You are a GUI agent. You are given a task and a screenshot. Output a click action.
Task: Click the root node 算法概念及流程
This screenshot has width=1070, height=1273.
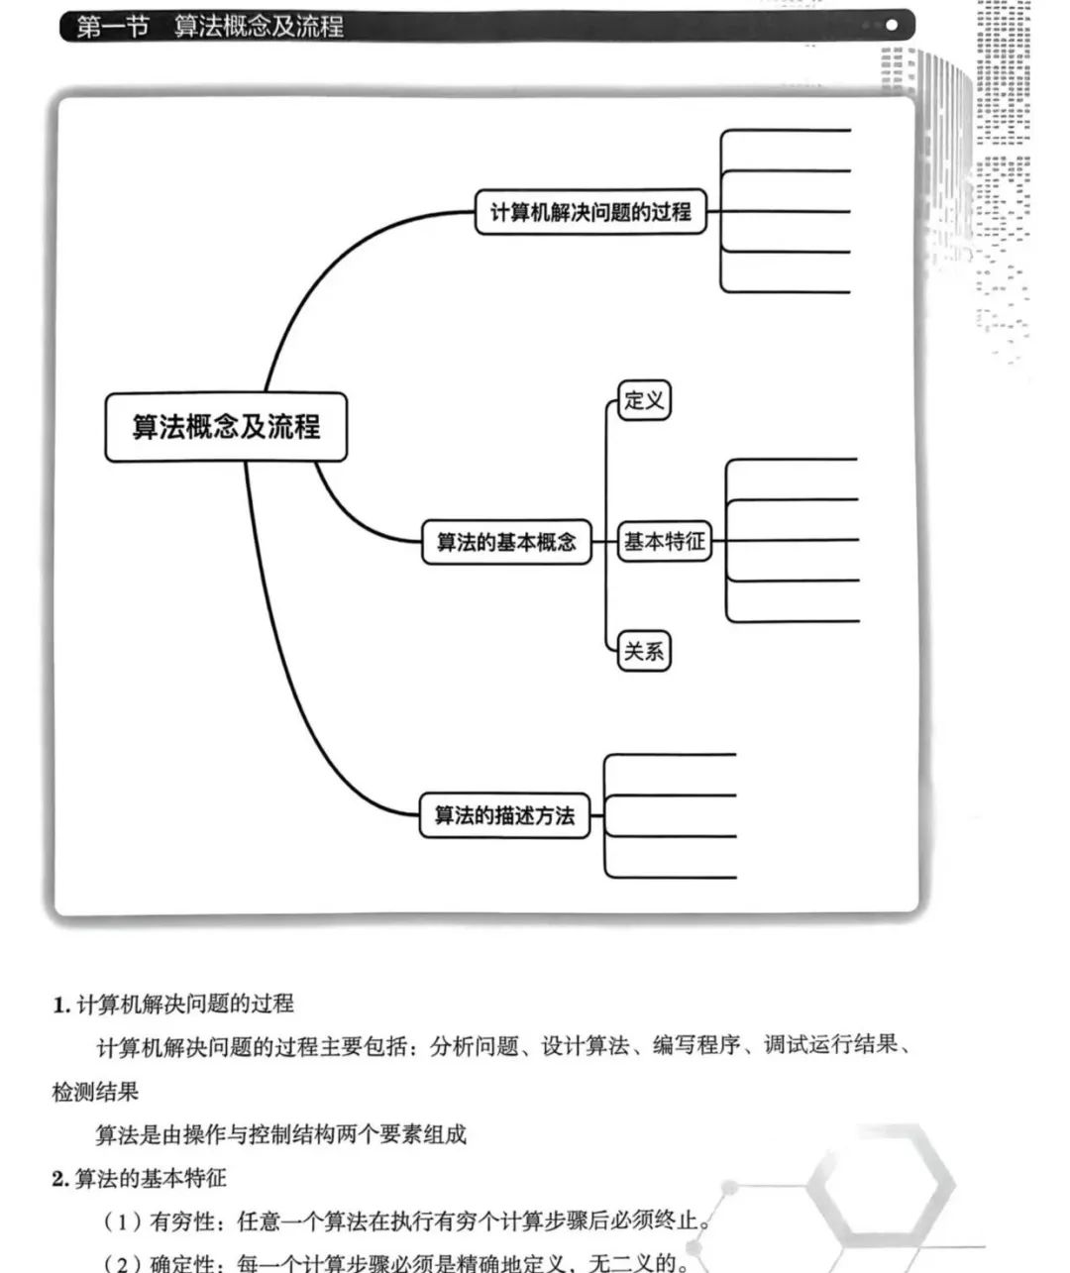226,427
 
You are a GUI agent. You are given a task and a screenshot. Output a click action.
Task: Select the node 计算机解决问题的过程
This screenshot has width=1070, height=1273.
590,212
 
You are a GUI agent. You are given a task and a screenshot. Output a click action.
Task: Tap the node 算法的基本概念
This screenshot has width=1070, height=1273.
506,542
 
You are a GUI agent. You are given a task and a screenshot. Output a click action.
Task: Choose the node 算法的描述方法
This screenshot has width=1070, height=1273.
504,816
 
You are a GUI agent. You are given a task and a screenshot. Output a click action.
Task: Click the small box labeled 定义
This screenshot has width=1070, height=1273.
644,401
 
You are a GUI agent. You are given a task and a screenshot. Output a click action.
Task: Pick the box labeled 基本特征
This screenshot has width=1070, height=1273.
664,542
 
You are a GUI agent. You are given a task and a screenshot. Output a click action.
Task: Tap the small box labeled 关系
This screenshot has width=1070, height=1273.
644,652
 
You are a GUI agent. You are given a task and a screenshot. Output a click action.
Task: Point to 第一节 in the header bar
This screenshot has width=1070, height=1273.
112,26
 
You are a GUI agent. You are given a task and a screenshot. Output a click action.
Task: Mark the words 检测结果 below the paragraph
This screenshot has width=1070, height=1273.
95,1092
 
